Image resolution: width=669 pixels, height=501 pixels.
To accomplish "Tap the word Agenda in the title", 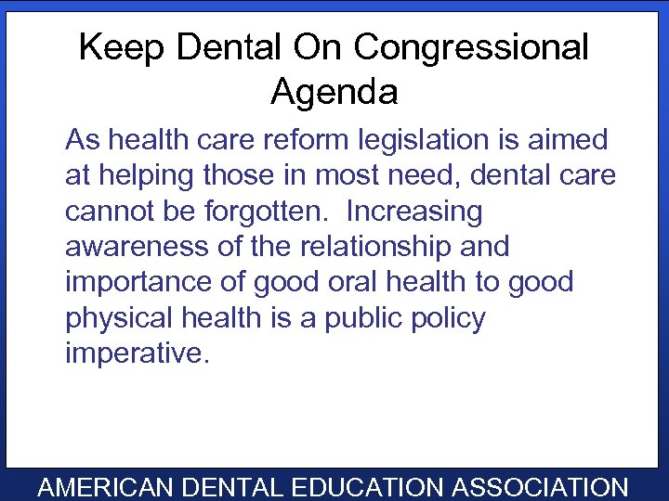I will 334,92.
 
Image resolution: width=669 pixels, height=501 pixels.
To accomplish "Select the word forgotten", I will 267,212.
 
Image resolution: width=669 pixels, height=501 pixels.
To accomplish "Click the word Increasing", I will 414,212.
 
